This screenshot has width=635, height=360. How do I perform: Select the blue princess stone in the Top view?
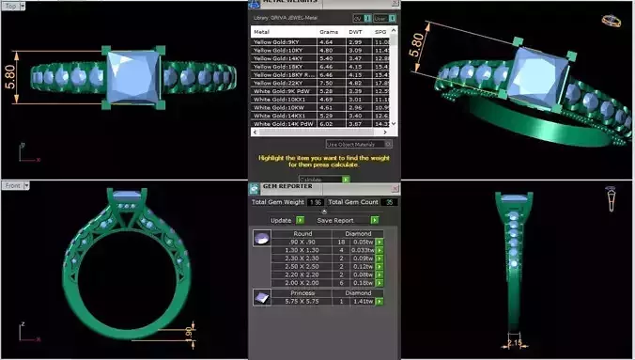(136, 74)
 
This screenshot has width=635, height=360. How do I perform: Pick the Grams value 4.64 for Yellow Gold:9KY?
(327, 42)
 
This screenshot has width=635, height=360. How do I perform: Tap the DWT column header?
(355, 31)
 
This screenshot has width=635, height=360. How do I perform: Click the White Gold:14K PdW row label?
(283, 122)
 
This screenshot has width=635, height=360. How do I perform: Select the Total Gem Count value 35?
(389, 202)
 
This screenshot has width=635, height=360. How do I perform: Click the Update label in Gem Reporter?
(281, 220)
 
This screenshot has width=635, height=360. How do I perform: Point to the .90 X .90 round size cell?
(303, 242)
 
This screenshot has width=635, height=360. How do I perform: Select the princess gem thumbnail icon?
(261, 296)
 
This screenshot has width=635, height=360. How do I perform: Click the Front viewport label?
(12, 185)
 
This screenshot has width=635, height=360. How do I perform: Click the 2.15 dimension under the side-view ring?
(515, 342)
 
